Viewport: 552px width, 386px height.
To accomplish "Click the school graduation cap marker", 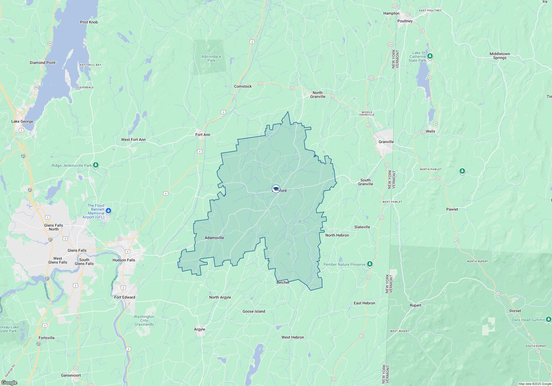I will click(276, 189).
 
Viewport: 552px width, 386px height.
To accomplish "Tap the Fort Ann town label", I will click(203, 135).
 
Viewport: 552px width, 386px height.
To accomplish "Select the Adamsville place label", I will click(214, 238).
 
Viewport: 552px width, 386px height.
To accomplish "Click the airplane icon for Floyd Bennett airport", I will click(108, 211).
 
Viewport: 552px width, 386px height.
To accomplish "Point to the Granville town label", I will click(386, 142).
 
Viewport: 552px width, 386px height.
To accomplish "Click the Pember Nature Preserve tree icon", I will click(370, 264).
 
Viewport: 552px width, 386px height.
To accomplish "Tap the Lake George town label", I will click(22, 121).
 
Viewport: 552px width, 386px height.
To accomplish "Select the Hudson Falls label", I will click(124, 260).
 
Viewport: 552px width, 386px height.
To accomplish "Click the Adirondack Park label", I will click(211, 58).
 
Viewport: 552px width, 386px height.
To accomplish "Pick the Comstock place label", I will click(243, 86).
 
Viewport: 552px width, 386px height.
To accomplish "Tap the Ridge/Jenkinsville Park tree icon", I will click(96, 165).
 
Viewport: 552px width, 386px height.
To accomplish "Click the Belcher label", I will click(283, 282).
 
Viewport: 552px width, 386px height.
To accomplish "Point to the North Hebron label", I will click(337, 235).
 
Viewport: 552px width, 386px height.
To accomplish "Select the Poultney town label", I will click(405, 21).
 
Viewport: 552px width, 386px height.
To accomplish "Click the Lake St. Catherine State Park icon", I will click(430, 56).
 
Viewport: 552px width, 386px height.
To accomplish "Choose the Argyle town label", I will click(199, 329).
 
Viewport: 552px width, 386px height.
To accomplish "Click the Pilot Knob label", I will click(89, 22).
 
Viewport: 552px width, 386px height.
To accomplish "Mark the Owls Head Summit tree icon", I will click(549, 320).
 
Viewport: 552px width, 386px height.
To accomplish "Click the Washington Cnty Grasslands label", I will click(144, 320).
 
